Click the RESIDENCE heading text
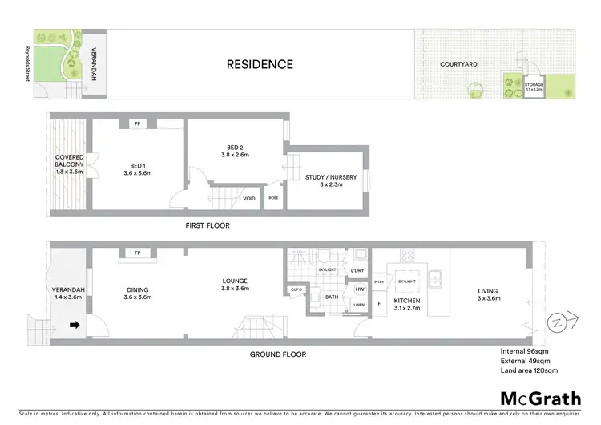tap(259, 64)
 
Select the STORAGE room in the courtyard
tap(534, 86)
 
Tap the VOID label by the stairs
tap(249, 198)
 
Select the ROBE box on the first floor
tap(274, 197)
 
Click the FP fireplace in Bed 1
tap(138, 124)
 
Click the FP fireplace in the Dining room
tap(138, 253)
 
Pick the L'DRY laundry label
tap(358, 271)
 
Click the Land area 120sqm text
tap(529, 370)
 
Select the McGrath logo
tap(540, 398)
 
